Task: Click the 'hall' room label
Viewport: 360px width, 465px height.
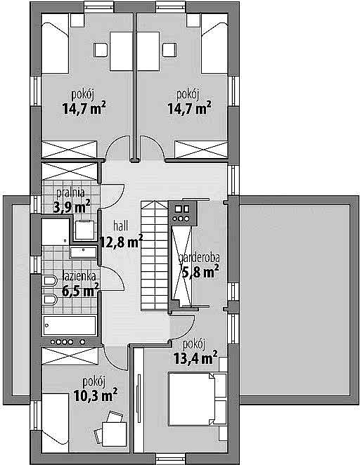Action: click(121, 226)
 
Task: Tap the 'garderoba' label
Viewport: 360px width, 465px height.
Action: click(199, 258)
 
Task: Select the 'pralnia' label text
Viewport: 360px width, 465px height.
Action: click(70, 193)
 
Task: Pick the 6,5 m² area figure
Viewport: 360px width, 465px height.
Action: click(80, 290)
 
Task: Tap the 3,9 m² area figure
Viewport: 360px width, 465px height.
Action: click(72, 207)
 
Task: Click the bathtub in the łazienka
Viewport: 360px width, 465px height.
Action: click(70, 326)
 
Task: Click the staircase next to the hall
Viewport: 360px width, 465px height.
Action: click(154, 256)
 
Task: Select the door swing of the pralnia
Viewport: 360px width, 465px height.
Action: click(112, 196)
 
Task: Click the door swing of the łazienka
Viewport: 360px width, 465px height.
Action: click(112, 278)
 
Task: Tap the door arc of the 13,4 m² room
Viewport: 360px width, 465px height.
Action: click(182, 328)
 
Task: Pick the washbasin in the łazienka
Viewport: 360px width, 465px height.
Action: click(84, 252)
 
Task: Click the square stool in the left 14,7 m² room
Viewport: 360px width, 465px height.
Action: click(101, 50)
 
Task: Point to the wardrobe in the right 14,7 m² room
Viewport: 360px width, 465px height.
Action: click(201, 149)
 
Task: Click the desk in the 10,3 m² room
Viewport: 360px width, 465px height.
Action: click(115, 434)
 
